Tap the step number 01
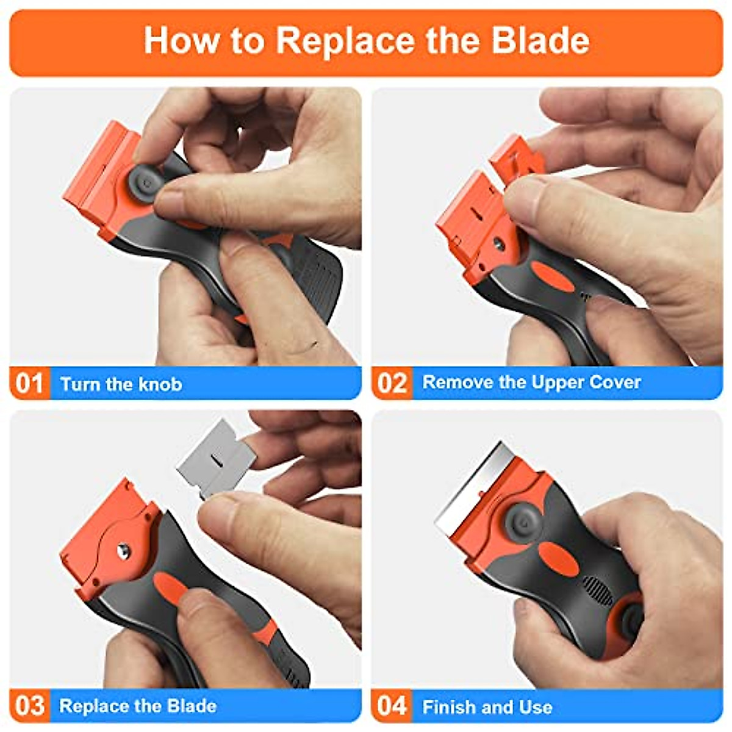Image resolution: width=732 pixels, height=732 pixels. [x=30, y=384]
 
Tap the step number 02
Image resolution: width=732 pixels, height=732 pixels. [x=392, y=383]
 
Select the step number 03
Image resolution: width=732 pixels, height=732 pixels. [x=30, y=706]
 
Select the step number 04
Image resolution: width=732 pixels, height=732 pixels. [x=392, y=706]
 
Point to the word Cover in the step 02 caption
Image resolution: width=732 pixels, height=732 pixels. [x=615, y=382]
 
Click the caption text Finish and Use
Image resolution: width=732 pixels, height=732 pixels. [x=487, y=707]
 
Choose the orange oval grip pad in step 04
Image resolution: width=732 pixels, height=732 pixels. [x=558, y=560]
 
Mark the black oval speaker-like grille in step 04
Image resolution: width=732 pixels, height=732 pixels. [x=598, y=590]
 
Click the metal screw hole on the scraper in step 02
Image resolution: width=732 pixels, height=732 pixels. [x=498, y=243]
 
